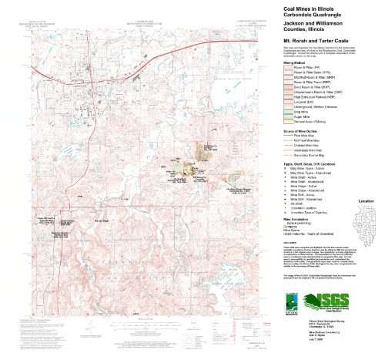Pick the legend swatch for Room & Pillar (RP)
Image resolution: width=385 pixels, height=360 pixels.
283,68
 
